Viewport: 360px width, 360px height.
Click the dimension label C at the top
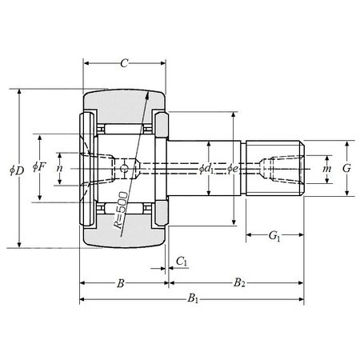[124, 62]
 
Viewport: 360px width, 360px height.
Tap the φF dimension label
[38, 168]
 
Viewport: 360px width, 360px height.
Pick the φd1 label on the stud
[207, 169]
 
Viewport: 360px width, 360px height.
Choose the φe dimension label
[232, 169]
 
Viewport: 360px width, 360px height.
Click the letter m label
[326, 169]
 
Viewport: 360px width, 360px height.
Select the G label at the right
[346, 169]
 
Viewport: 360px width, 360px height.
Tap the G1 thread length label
[274, 236]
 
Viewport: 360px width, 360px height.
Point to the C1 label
[182, 262]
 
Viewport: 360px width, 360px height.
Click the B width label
[120, 283]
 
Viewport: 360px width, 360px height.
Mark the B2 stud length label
[238, 283]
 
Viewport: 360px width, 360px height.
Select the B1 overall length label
[193, 299]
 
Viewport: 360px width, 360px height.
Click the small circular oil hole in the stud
[123, 169]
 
